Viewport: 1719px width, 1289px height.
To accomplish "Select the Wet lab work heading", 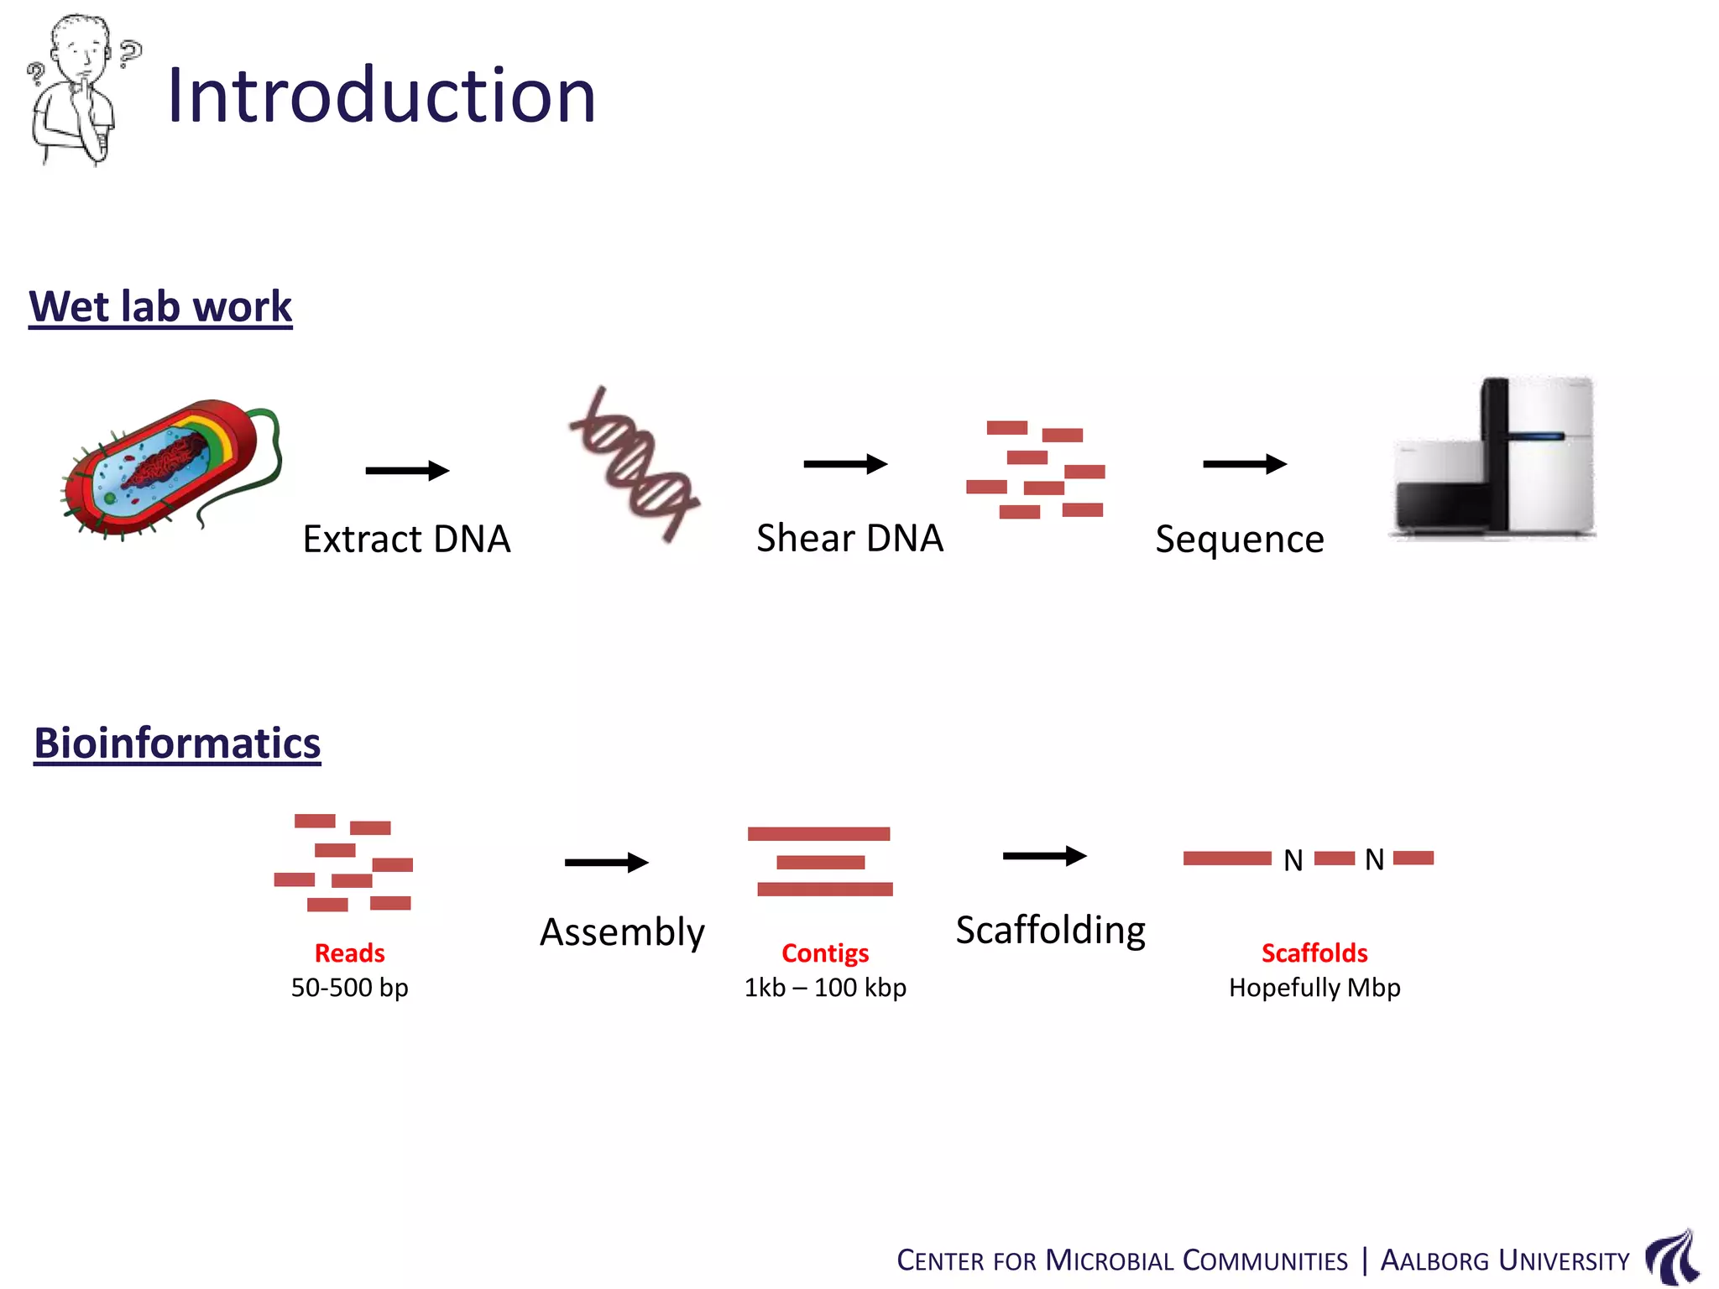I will (160, 306).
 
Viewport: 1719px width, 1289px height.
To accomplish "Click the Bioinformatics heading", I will (177, 744).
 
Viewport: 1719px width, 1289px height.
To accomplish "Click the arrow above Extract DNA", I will (407, 471).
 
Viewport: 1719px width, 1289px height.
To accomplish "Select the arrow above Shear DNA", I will (845, 464).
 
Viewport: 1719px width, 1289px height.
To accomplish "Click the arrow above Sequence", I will (1244, 464).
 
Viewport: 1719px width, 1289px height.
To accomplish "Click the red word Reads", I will (349, 953).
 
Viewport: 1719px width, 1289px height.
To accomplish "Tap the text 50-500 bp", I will (349, 988).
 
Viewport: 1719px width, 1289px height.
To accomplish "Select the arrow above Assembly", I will (606, 863).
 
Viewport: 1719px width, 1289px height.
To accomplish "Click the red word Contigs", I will (825, 953).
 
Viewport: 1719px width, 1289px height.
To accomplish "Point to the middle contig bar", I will (820, 863).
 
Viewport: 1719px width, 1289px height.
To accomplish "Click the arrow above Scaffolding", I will (1044, 856).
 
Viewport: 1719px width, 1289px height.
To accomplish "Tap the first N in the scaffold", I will (1293, 860).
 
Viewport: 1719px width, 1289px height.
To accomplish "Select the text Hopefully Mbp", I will (1314, 988).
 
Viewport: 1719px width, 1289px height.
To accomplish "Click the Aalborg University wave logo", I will (1672, 1256).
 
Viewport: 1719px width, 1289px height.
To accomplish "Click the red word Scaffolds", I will (1314, 953).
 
